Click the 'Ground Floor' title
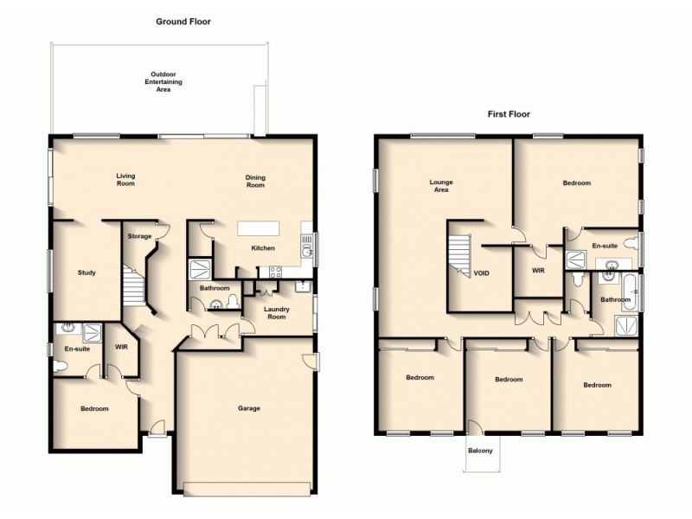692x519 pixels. point(183,21)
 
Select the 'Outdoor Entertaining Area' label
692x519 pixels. point(158,81)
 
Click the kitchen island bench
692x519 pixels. point(260,228)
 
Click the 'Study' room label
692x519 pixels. point(86,272)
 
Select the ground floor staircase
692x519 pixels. point(131,287)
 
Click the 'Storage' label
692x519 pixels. point(139,235)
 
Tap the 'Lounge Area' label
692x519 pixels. point(442,186)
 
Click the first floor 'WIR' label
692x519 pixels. point(536,270)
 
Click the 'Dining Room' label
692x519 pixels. point(255,181)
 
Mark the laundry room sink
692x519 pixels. point(302,284)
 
